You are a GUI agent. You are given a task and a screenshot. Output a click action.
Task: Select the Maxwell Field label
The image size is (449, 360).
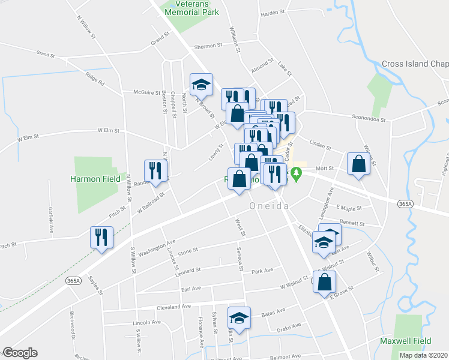(406, 340)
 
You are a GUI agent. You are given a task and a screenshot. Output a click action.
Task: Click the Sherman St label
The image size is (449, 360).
(208, 46)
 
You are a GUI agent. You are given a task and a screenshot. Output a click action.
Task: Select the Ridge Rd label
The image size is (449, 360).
(95, 79)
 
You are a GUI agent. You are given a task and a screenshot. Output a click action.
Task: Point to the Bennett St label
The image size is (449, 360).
(352, 223)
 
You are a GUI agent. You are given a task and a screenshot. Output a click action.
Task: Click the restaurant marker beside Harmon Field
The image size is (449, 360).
(155, 170)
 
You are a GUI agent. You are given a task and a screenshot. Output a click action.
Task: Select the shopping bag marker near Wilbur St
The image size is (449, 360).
(358, 164)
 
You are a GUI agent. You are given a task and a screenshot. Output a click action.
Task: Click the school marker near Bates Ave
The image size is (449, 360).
(239, 318)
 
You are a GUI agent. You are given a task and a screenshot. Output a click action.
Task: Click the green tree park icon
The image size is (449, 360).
(295, 175)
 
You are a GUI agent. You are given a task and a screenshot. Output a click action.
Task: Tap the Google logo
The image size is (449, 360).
(20, 353)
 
